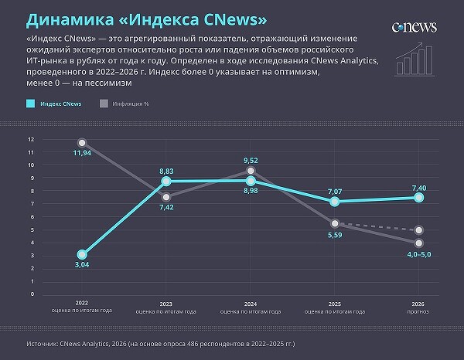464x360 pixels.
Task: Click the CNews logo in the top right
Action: tap(414, 26)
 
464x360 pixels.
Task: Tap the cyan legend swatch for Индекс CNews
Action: tap(31, 103)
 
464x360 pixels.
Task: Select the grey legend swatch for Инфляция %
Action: tap(104, 103)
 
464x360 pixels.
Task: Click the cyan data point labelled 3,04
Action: tap(82, 255)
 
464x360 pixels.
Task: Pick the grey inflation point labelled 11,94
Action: tap(82, 143)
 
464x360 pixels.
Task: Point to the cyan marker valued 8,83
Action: tap(166, 182)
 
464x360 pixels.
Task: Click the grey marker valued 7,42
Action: tap(166, 198)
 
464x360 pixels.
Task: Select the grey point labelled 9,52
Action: tap(251, 171)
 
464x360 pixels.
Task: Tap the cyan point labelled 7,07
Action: tap(335, 202)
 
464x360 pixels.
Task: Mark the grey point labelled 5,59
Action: tap(335, 222)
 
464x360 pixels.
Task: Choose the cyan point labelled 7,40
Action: tap(418, 198)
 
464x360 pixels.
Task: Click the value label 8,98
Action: tap(251, 191)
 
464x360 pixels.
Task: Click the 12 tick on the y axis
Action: tap(31, 139)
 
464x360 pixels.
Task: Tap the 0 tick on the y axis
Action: tap(32, 294)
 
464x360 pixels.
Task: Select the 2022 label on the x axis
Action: tap(82, 303)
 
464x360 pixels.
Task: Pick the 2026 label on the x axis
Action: tap(418, 303)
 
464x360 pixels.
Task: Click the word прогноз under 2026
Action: tap(418, 311)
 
